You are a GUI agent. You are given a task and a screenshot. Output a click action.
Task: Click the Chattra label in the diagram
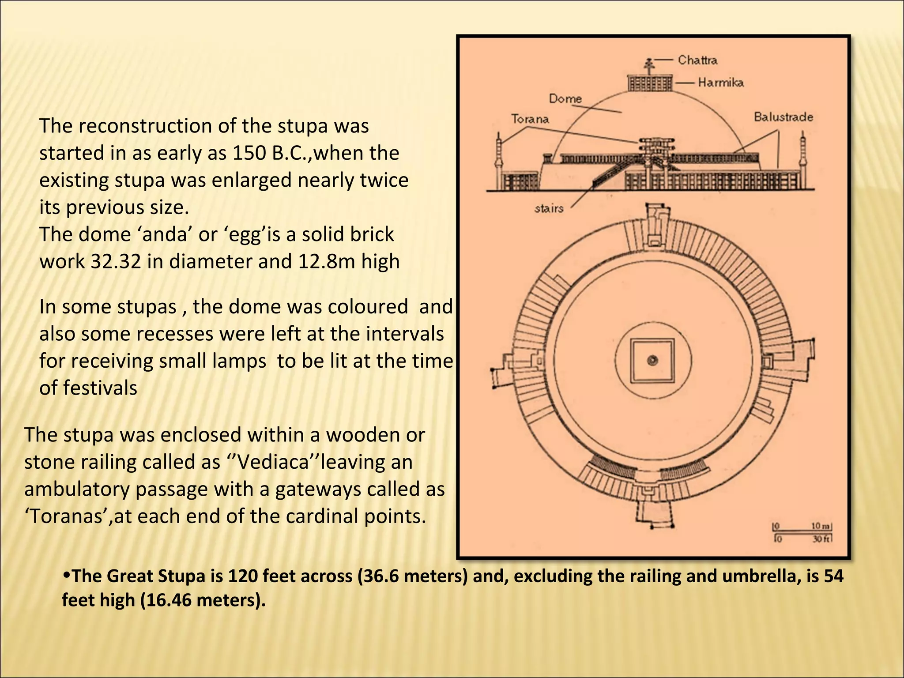tap(697, 60)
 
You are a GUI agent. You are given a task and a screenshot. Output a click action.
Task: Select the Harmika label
tap(720, 83)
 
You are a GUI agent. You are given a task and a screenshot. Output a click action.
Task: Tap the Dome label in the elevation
tap(565, 98)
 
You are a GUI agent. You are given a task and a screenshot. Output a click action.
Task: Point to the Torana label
tap(530, 119)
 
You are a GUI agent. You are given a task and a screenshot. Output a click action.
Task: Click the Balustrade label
tap(783, 117)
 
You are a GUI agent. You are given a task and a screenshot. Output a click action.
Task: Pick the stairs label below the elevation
tap(549, 208)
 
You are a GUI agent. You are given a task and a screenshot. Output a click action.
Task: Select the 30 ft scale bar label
tap(822, 539)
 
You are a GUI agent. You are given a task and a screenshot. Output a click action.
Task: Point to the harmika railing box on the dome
tap(650, 83)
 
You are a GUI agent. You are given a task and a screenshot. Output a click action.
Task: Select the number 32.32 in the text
tap(116, 262)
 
